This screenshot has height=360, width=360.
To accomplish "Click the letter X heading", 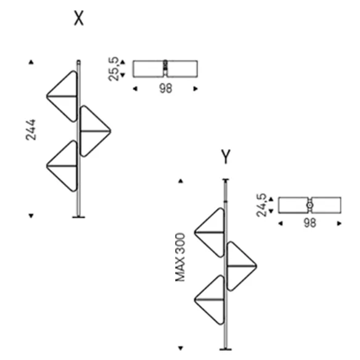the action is point(79,18).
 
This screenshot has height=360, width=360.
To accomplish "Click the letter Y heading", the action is point(226,157).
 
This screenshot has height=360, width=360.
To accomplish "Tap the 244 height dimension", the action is point(31,129).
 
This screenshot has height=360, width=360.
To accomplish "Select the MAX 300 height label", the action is point(180,257).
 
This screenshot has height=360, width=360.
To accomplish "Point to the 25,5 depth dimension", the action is point(113,69).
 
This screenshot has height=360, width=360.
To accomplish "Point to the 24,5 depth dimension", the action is point(261,205).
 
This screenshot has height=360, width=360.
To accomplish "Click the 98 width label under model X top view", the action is point(166,88).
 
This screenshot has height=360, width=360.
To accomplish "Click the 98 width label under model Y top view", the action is point(309,223).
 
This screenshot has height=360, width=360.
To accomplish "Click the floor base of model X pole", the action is point(78,217).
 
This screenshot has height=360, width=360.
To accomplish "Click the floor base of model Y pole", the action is point(226,350).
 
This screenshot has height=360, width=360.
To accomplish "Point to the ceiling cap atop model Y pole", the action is point(226,179).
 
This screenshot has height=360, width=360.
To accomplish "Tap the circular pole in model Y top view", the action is point(309,205).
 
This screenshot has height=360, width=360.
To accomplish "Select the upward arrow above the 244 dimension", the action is point(31,62).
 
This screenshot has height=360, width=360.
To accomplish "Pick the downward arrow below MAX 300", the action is point(181,348).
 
